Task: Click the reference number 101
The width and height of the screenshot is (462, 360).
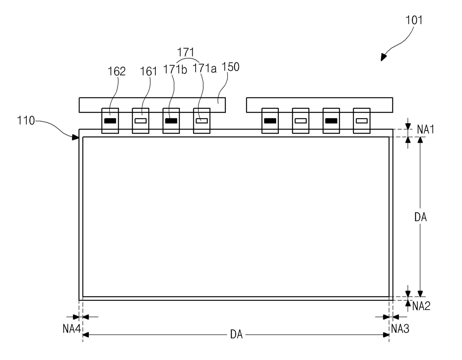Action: coord(414,20)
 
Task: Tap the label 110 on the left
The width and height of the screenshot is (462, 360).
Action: coord(26,121)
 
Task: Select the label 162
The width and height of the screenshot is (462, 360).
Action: coord(117,71)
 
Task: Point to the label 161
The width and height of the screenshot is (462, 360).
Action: coord(149,71)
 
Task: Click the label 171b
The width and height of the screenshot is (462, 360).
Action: coord(175,70)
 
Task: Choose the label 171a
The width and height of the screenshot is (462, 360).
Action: coord(204,69)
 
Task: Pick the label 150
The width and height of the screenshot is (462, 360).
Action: coord(230,67)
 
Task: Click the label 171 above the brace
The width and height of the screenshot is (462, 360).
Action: coord(186,52)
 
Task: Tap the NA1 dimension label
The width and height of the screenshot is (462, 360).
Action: coord(425,130)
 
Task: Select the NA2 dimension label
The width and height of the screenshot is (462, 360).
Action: coord(421,306)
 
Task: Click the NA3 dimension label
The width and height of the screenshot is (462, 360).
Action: coord(400,329)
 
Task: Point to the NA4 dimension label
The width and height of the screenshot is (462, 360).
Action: coord(72,329)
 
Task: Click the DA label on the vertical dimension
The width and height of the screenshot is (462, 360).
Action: coord(421,217)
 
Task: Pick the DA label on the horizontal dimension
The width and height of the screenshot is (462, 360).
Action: coord(236,335)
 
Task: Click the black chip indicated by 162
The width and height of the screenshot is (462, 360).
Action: coord(110,121)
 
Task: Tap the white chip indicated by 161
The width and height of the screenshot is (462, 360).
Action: coord(140,121)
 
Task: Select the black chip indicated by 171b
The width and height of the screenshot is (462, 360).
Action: coord(171,121)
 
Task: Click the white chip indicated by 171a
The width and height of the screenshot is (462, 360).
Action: coord(202,121)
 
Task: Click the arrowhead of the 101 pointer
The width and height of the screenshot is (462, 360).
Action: coord(383,58)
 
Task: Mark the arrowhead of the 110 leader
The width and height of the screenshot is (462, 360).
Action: coord(77,137)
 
